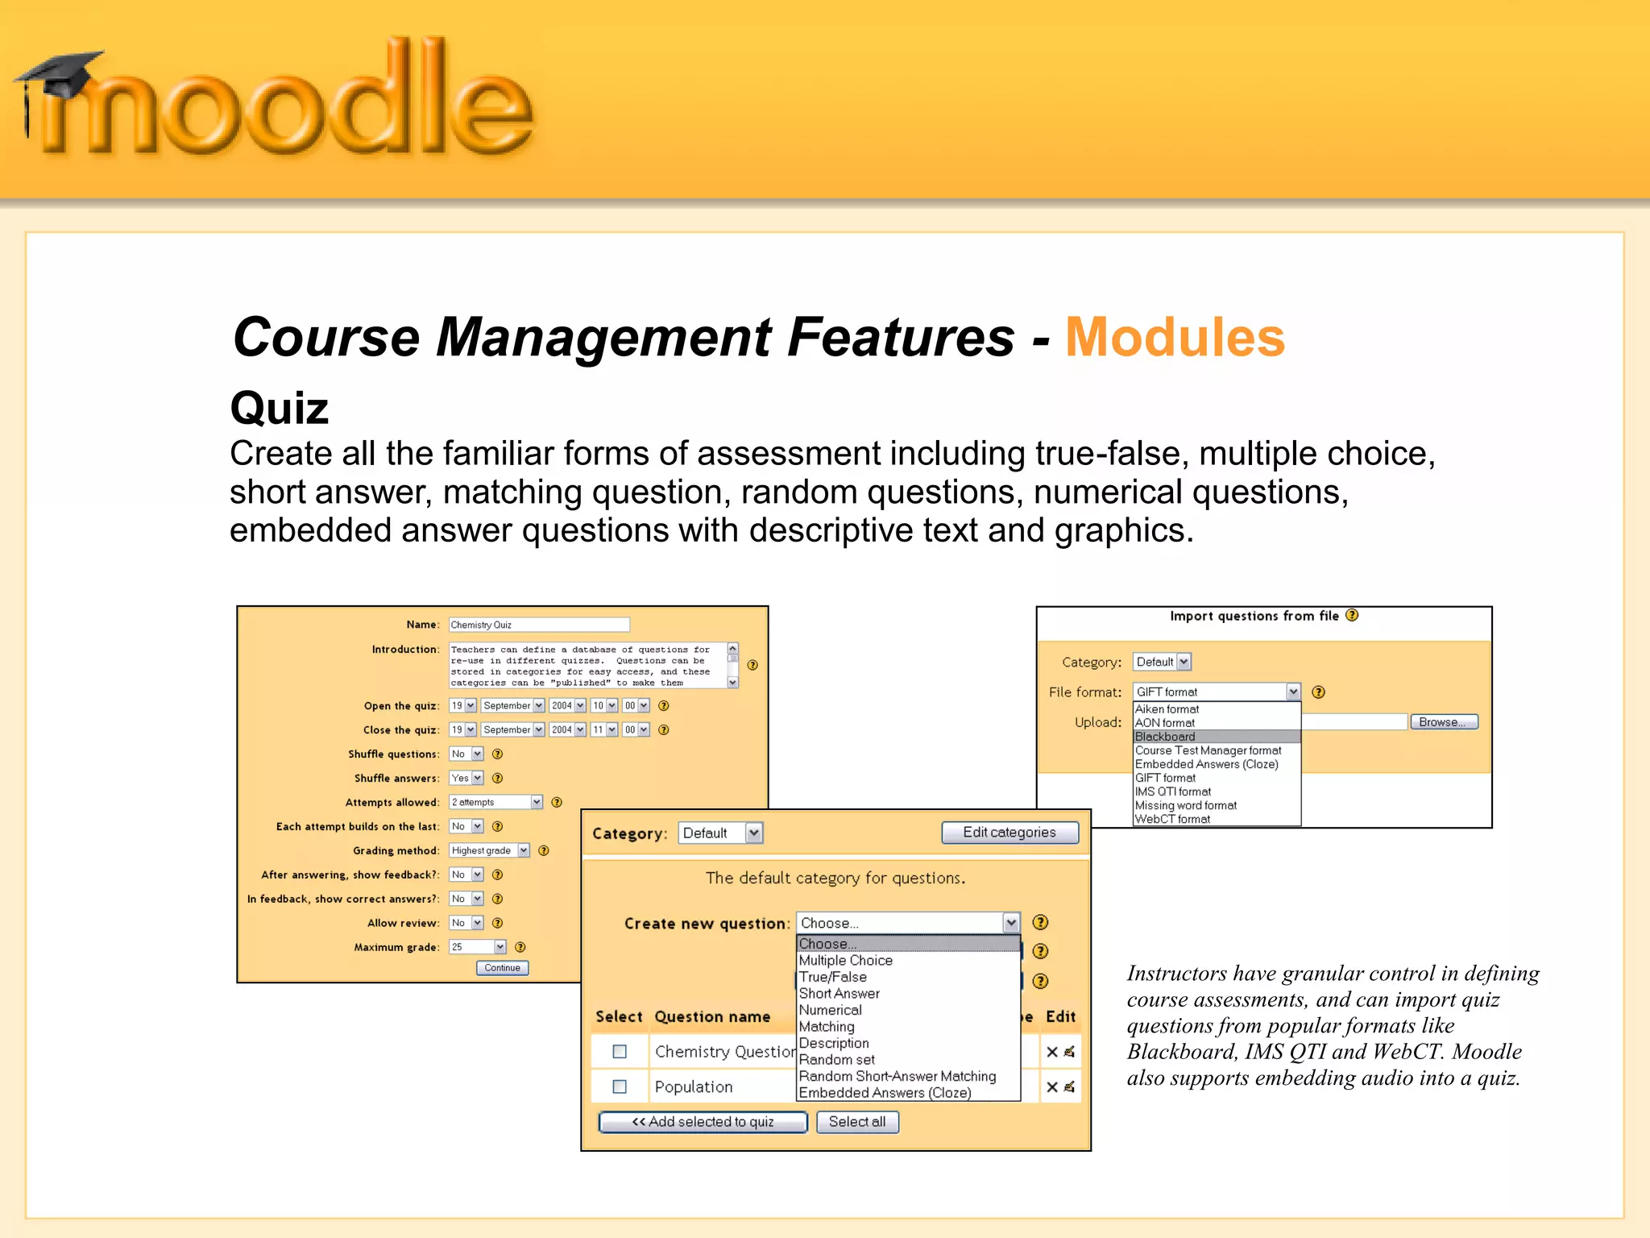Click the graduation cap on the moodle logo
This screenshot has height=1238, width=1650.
(60, 73)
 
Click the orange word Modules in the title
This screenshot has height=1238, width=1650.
(1174, 337)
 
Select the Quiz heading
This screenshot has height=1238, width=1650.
(280, 408)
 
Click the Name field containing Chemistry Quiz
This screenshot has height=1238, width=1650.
(538, 625)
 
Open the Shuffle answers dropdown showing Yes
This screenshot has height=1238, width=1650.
(466, 778)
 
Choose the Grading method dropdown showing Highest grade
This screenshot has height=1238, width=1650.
(489, 850)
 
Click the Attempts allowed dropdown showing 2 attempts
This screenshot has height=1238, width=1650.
(495, 802)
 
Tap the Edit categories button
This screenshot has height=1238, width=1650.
(1009, 833)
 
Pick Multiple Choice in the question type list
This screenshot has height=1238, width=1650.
(845, 961)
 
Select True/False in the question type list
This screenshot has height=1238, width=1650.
(832, 977)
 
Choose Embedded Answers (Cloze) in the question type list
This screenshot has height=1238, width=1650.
(884, 1093)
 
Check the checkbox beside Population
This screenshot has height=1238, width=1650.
(620, 1086)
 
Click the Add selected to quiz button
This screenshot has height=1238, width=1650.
(703, 1122)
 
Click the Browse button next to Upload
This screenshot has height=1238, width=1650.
(1443, 722)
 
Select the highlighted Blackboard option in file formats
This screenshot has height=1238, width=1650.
(1165, 737)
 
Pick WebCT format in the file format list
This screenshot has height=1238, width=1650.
(1172, 819)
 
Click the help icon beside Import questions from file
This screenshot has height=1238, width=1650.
(1352, 616)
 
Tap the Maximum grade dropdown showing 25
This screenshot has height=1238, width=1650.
(478, 947)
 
